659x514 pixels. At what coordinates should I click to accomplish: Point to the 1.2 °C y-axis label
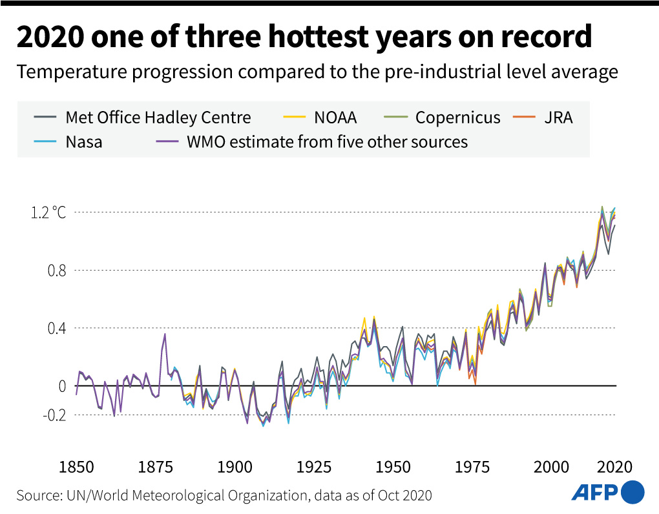tap(49, 212)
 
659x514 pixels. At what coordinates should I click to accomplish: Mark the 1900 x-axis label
tap(233, 466)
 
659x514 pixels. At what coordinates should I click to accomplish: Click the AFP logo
tap(607, 493)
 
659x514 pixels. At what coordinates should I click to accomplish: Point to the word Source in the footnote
tap(38, 496)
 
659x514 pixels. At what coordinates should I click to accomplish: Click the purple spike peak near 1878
tap(165, 334)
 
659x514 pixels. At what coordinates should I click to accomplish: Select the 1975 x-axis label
tap(471, 466)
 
